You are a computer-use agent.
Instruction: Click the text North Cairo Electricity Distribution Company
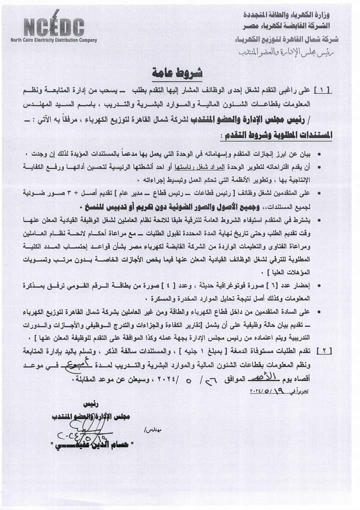(54, 40)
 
